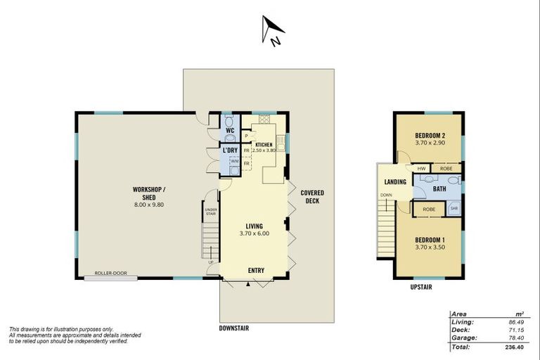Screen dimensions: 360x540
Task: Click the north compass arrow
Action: click(x=272, y=29)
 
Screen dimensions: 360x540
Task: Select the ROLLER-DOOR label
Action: click(x=111, y=274)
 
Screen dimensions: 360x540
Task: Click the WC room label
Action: click(x=230, y=130)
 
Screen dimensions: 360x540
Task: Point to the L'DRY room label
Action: click(x=230, y=150)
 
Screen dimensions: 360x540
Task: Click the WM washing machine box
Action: click(x=234, y=162)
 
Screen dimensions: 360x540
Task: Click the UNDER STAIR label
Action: click(x=210, y=211)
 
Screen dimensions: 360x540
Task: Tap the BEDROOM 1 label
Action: click(x=427, y=243)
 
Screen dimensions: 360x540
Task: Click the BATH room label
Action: click(x=439, y=188)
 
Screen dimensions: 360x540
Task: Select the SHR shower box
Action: click(x=454, y=209)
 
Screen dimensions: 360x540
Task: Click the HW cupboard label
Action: click(x=421, y=169)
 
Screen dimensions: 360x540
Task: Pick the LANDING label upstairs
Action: click(x=395, y=182)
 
